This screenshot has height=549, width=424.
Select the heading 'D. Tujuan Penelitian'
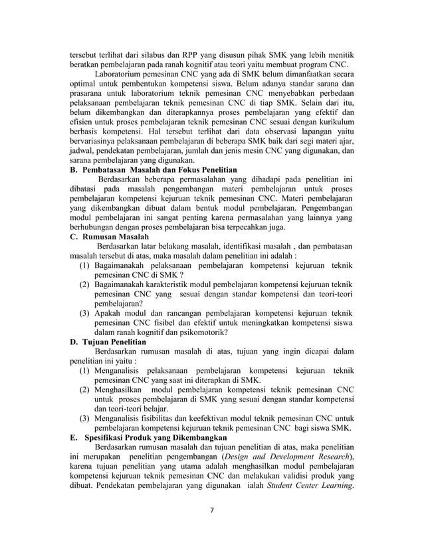click(108, 342)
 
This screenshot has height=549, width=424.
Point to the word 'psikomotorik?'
click(199, 332)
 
